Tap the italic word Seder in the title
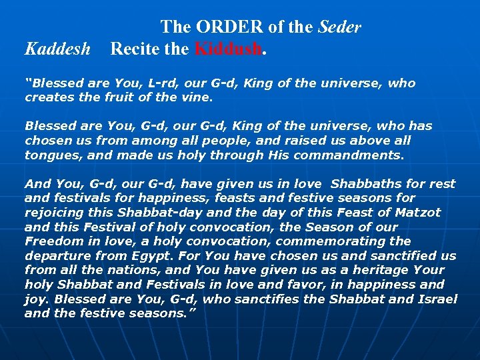(340, 27)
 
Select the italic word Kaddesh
(57, 49)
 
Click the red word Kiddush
(229, 49)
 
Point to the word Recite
(135, 49)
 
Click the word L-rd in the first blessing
(165, 83)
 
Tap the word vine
(198, 97)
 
